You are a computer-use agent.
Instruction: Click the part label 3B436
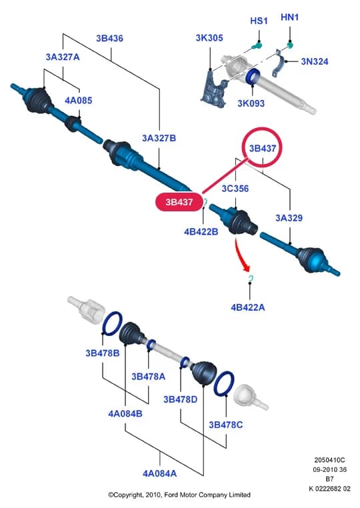point(109,39)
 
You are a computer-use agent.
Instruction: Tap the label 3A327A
point(63,57)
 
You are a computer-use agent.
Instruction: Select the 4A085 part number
point(79,101)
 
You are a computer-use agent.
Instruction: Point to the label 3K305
point(209,38)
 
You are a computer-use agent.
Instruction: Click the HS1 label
point(259,21)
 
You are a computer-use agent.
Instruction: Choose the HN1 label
point(290,17)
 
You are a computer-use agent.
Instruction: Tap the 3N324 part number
point(315,61)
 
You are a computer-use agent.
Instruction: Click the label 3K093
point(251,103)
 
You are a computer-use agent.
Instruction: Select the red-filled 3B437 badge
point(179,202)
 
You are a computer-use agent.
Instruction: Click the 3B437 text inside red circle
point(263,149)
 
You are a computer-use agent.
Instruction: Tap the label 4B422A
point(248,307)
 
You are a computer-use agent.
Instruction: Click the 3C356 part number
point(235,189)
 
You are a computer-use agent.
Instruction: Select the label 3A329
point(289,218)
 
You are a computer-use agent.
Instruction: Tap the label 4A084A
point(160,473)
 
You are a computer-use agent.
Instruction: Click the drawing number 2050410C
point(329,460)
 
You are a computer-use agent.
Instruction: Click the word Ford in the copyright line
point(171,495)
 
